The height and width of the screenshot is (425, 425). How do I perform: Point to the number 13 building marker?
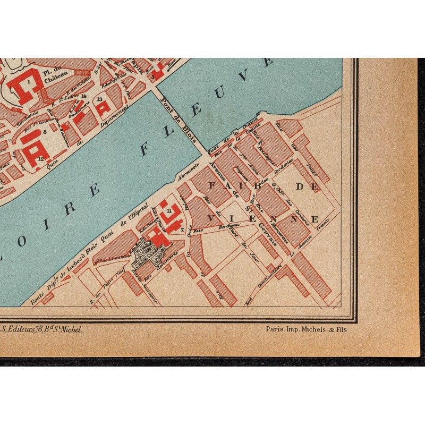(x=99, y=99)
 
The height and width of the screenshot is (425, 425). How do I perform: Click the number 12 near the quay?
(x=40, y=158)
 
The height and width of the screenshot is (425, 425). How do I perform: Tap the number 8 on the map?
(x=45, y=131)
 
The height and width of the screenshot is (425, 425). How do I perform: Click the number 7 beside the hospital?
(x=182, y=229)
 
